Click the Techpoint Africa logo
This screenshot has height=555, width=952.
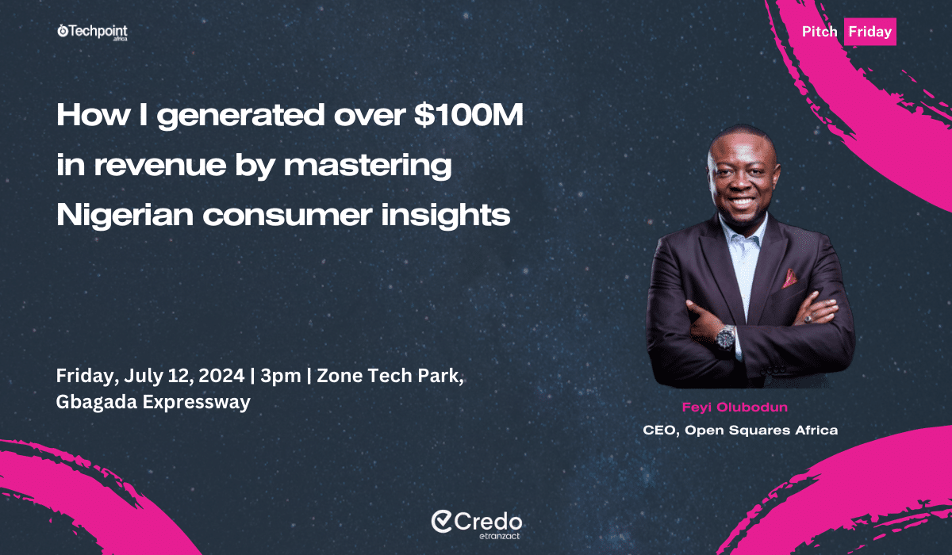click(x=92, y=33)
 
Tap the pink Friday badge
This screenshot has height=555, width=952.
click(x=870, y=32)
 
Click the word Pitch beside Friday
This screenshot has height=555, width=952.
click(x=820, y=32)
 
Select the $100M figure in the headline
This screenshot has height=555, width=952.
click(x=469, y=115)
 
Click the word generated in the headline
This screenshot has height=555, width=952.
click(x=240, y=117)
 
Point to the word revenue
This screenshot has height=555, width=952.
click(x=159, y=165)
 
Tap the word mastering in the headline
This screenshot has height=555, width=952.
click(x=367, y=166)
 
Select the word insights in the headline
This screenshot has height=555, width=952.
click(x=445, y=216)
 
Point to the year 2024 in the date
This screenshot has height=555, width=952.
click(x=221, y=375)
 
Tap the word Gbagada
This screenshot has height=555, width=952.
click(x=97, y=402)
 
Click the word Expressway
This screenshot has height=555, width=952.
click(x=197, y=403)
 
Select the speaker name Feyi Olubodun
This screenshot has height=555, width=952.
click(x=735, y=408)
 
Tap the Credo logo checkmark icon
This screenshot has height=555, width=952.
click(x=442, y=522)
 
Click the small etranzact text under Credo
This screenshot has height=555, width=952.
click(x=499, y=536)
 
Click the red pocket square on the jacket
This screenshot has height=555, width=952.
click(x=789, y=278)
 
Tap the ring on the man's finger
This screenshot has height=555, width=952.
click(x=808, y=318)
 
